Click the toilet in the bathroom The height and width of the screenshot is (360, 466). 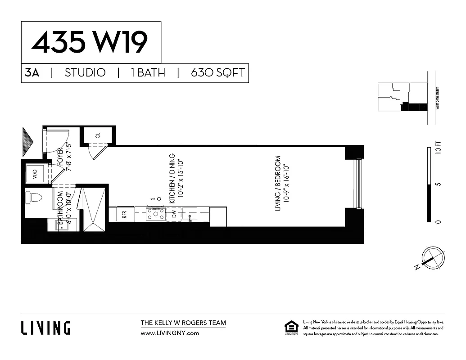34,197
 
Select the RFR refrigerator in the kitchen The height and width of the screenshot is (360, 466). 125,214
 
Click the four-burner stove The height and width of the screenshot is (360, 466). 155,214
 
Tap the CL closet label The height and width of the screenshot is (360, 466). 98,136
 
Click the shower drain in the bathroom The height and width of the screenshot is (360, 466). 94,222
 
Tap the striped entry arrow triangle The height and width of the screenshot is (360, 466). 28,141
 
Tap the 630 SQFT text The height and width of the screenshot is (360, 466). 218,72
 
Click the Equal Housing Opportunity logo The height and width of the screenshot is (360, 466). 291,328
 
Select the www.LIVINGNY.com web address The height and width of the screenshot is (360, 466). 170,333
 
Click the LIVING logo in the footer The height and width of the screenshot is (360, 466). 45,328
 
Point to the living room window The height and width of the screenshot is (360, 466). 358,183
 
